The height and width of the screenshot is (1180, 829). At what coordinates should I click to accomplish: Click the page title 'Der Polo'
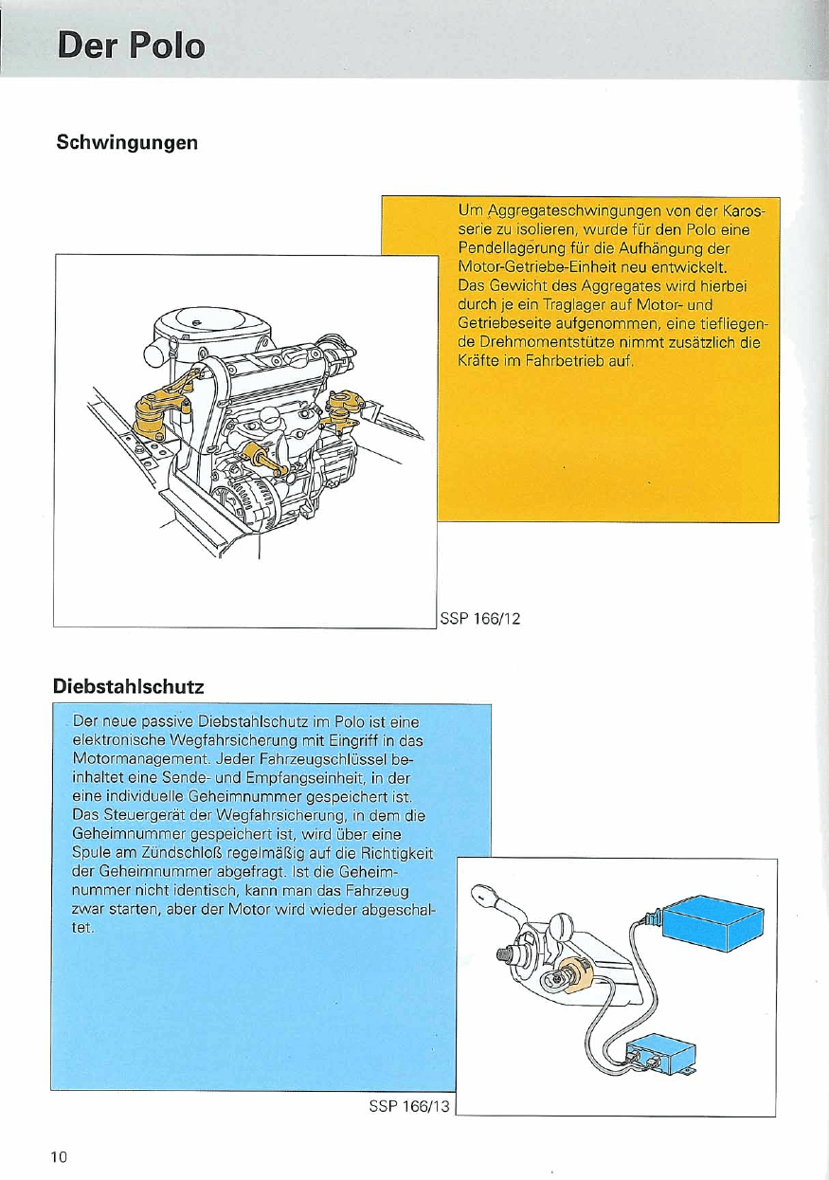(131, 45)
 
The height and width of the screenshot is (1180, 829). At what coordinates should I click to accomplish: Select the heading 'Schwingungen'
(127, 143)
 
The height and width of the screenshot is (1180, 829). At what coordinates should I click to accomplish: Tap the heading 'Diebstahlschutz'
(130, 683)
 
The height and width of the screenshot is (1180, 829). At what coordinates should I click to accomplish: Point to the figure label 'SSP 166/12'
(481, 619)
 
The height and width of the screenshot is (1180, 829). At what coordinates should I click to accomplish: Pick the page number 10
(60, 1155)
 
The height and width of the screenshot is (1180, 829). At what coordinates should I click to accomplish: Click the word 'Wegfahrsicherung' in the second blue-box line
(239, 740)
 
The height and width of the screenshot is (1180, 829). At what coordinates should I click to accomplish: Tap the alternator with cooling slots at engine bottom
(244, 493)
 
